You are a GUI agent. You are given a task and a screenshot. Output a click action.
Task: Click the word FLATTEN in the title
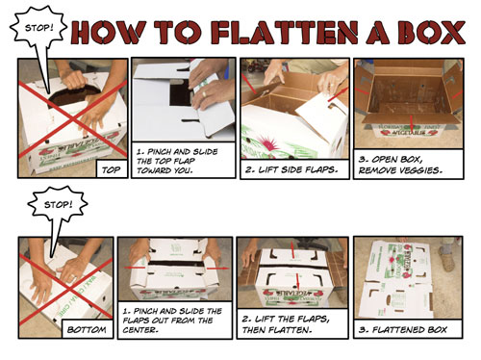point(285,33)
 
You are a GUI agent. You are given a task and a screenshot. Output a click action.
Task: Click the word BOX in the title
point(433,33)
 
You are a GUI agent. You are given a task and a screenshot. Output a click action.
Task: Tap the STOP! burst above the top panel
point(38,28)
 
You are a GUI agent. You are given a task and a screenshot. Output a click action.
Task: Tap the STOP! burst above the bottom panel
point(57,204)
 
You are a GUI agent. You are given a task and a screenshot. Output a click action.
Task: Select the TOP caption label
point(111,169)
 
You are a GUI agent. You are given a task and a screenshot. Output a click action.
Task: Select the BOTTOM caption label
point(87,329)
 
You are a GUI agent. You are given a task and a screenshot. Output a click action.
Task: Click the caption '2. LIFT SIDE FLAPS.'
point(291,169)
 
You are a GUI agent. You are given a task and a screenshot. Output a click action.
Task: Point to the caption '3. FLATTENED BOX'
point(403,329)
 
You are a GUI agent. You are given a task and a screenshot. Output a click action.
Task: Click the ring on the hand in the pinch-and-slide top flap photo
point(204,94)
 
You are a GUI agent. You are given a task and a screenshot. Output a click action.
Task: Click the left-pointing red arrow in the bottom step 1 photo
point(135,268)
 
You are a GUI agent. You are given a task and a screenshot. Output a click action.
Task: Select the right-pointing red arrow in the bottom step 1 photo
point(218,269)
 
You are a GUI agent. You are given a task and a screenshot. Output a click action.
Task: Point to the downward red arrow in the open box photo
point(412,123)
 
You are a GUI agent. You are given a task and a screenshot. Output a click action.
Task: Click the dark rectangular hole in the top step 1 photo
point(181,93)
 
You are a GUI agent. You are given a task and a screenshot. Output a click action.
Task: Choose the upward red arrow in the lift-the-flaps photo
point(292,249)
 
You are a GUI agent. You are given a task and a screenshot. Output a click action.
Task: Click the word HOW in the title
point(109,33)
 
